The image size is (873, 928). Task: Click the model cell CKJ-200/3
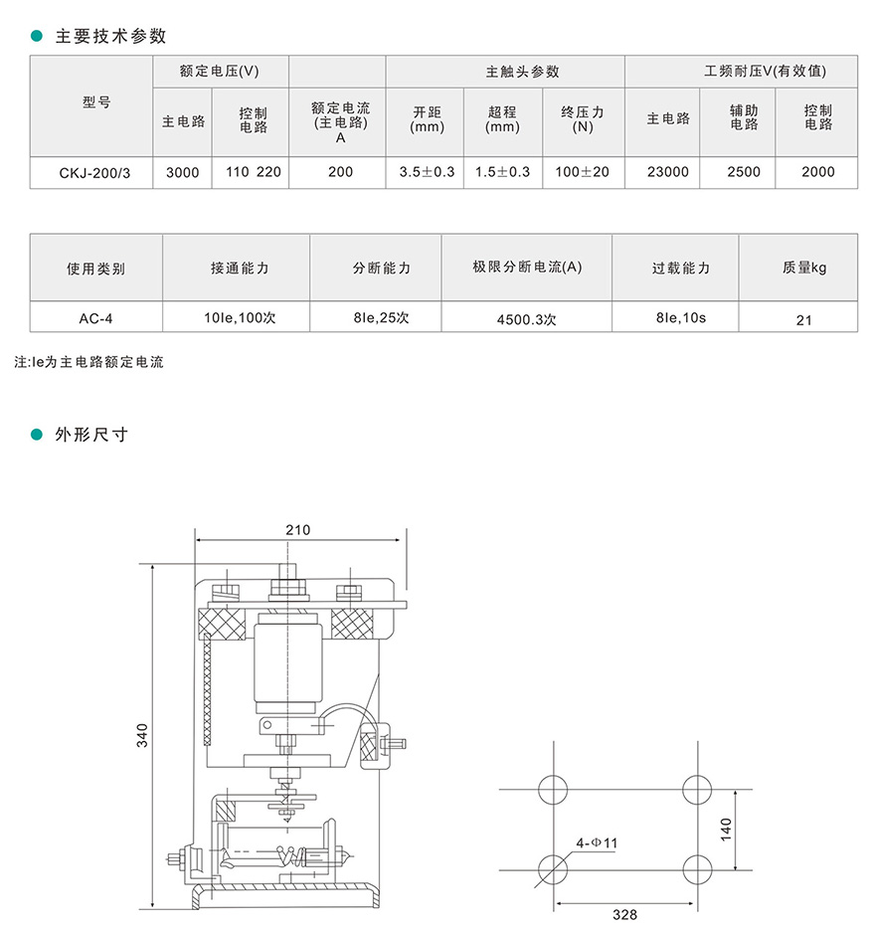click(x=90, y=172)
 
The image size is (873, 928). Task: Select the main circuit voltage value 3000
click(x=182, y=172)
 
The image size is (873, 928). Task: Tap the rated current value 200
click(x=340, y=172)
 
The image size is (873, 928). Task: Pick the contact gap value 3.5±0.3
click(x=427, y=172)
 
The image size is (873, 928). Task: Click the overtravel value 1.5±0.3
click(x=502, y=172)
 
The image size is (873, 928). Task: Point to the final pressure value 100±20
click(x=583, y=172)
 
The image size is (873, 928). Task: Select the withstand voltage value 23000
click(x=667, y=172)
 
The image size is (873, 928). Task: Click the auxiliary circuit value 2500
click(x=743, y=172)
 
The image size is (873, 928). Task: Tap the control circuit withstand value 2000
click(x=817, y=172)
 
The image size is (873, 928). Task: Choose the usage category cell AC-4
click(x=95, y=319)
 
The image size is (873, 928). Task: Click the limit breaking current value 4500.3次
click(x=526, y=320)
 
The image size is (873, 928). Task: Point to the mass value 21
click(x=804, y=320)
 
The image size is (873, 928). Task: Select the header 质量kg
click(x=804, y=268)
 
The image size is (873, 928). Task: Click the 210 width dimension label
click(x=297, y=530)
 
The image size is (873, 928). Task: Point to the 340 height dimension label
click(x=142, y=735)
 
